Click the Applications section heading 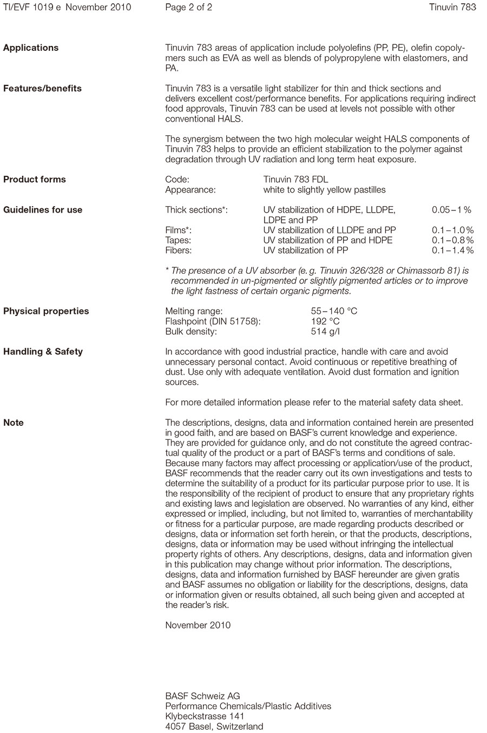[31, 48]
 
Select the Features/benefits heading [42, 88]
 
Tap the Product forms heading [35, 179]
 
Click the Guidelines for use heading [43, 210]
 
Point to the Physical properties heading [46, 311]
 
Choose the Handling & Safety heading [43, 352]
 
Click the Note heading [14, 422]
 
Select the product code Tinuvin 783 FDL [295, 180]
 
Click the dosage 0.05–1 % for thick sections [451, 210]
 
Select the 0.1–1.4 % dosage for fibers [452, 250]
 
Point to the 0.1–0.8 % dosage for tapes [452, 240]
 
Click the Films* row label [178, 230]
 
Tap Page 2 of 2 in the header [188, 7]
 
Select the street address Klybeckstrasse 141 [201, 716]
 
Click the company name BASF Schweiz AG [202, 696]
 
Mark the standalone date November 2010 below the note [198, 625]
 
